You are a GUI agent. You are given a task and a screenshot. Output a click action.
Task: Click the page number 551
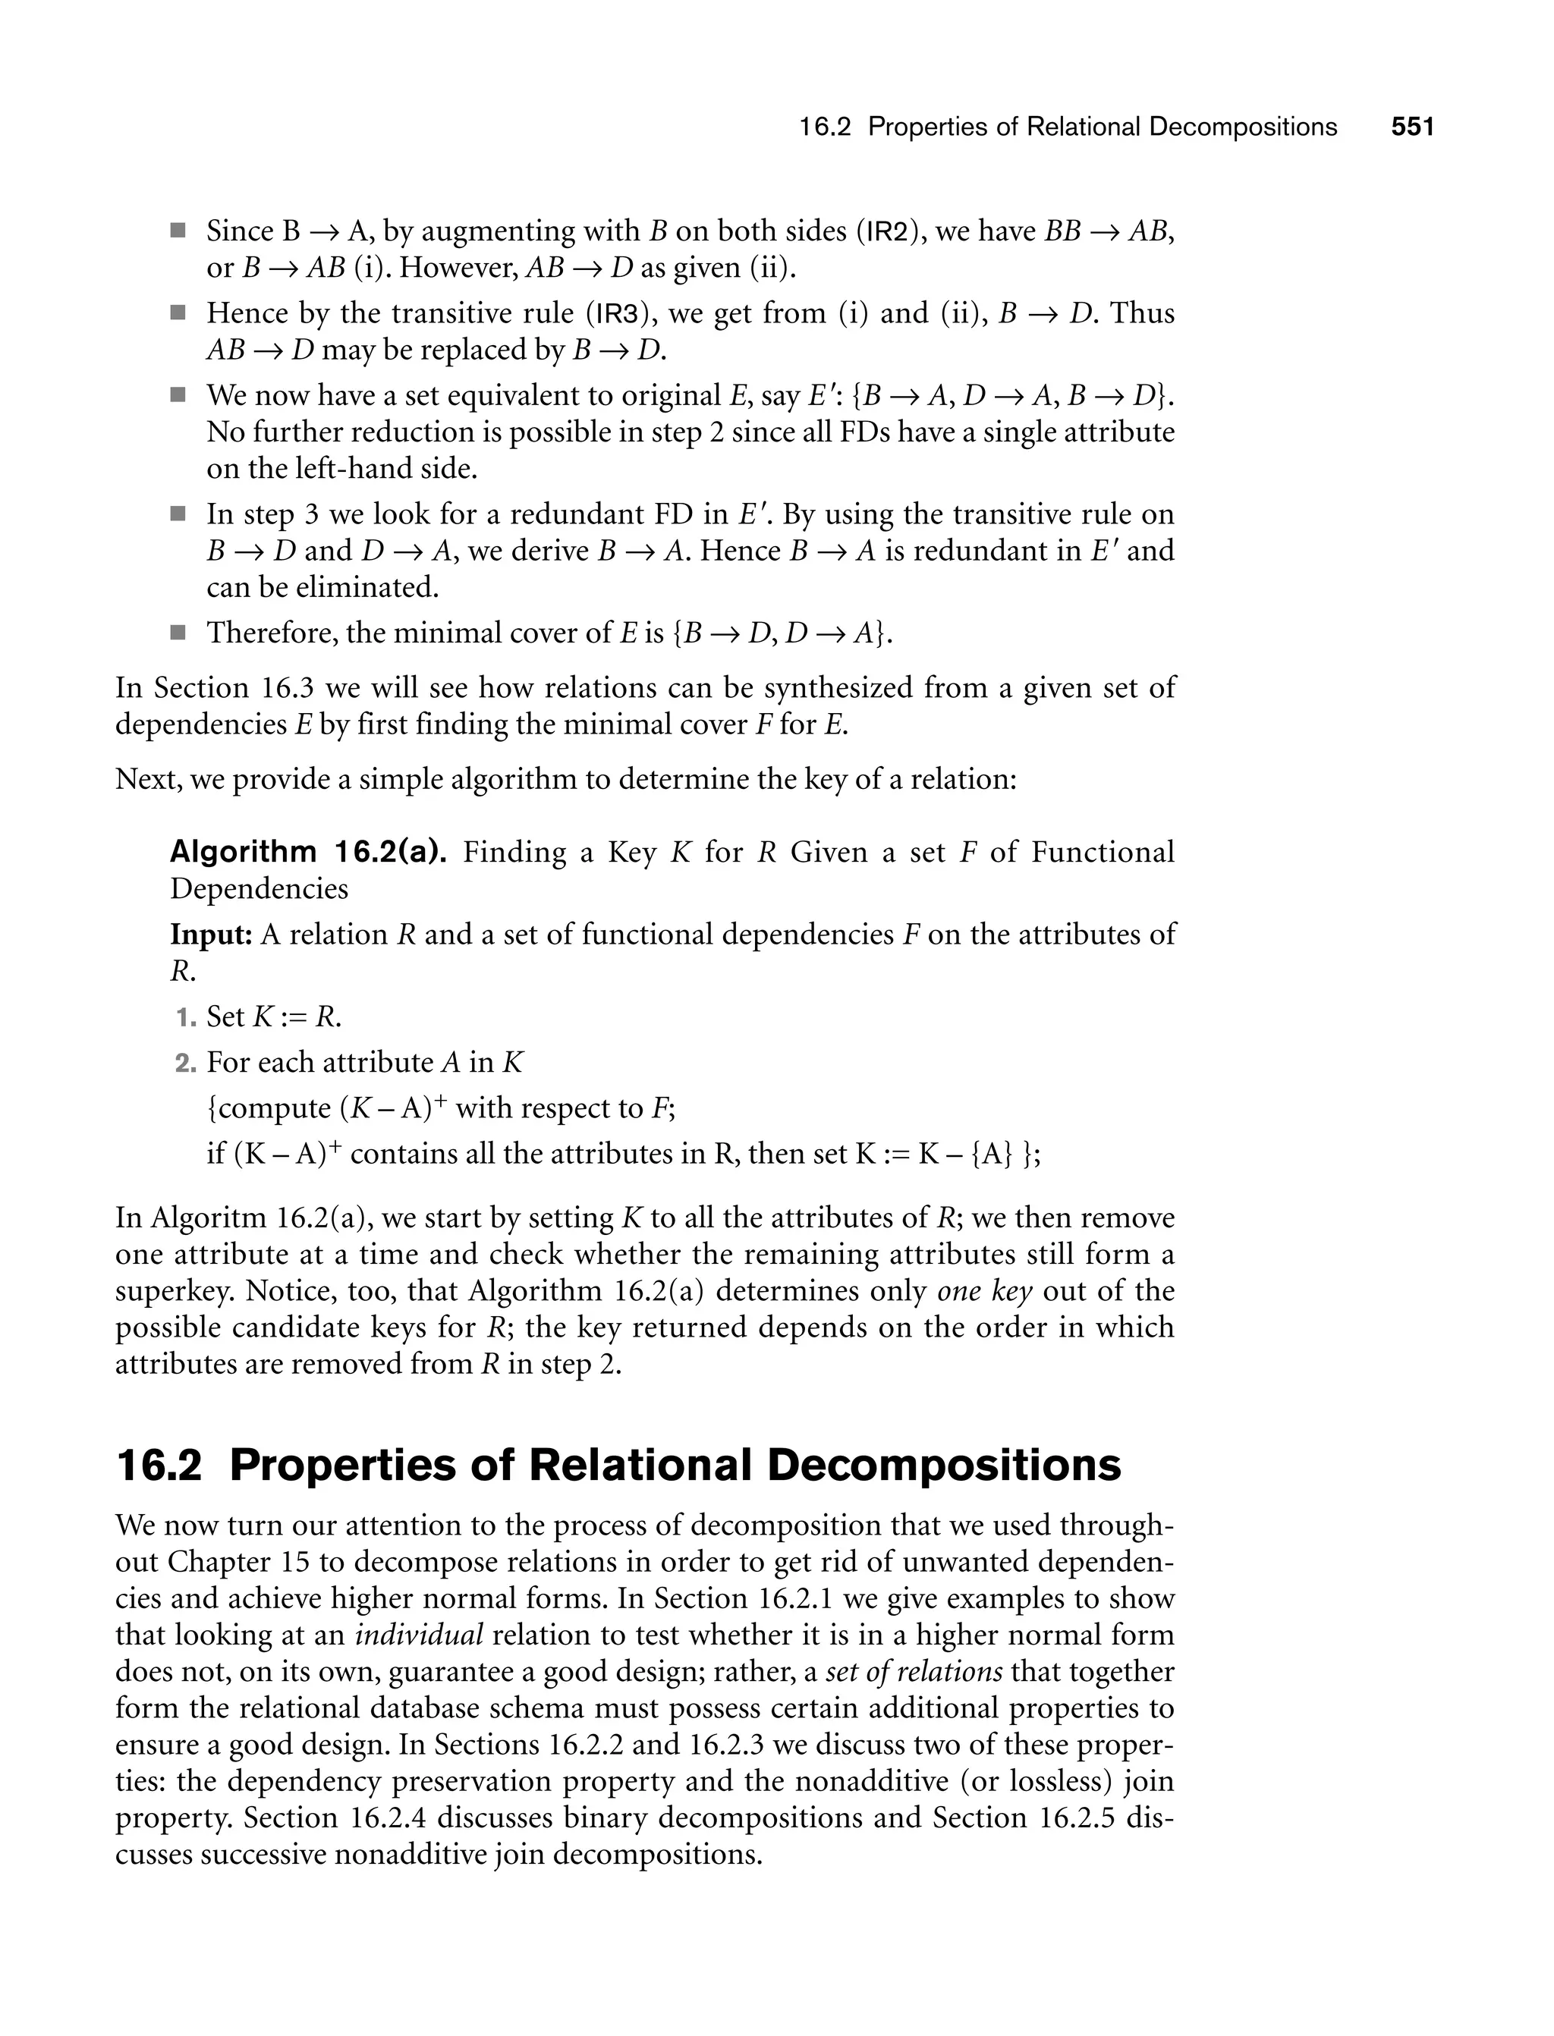click(x=1411, y=127)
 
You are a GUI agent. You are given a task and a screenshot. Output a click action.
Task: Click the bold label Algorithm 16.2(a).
click(x=308, y=852)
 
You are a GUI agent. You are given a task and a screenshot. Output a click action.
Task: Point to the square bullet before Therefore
click(x=178, y=633)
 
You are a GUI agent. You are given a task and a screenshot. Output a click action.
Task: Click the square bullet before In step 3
click(x=178, y=514)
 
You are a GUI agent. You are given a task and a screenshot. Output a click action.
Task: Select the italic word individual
click(x=419, y=1635)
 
